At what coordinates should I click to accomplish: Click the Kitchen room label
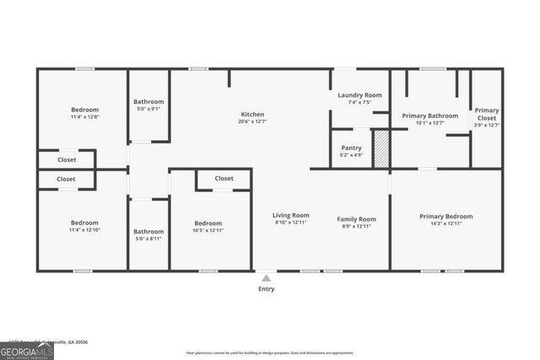pyautogui.click(x=252, y=114)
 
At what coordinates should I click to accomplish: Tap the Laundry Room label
pyautogui.click(x=359, y=95)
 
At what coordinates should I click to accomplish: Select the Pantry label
pyautogui.click(x=351, y=148)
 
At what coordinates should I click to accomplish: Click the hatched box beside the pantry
pyautogui.click(x=381, y=148)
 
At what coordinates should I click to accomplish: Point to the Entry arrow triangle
pyautogui.click(x=266, y=277)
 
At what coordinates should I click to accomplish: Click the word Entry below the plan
pyautogui.click(x=266, y=289)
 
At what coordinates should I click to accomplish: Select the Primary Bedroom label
pyautogui.click(x=446, y=216)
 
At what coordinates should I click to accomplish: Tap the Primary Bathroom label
pyautogui.click(x=429, y=116)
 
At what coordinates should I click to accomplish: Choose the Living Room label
pyautogui.click(x=290, y=215)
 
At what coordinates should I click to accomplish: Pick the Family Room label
pyautogui.click(x=356, y=218)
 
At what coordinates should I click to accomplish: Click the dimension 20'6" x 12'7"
pyautogui.click(x=252, y=122)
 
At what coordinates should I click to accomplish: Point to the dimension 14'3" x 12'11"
pyautogui.click(x=446, y=224)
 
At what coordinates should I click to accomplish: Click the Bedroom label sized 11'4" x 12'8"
pyautogui.click(x=84, y=110)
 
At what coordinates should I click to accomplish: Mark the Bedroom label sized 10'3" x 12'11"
pyautogui.click(x=209, y=223)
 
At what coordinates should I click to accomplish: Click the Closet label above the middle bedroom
pyautogui.click(x=224, y=178)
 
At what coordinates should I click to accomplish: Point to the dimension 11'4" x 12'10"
pyautogui.click(x=84, y=230)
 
